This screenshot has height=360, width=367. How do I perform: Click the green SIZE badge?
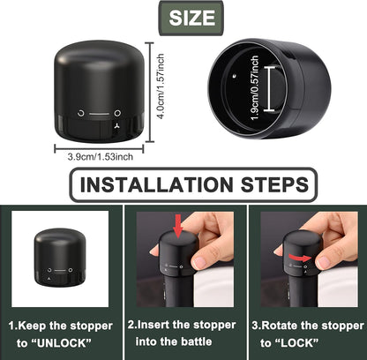point(191,19)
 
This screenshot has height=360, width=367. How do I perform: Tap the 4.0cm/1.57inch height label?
point(161,86)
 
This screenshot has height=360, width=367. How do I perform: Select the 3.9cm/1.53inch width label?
point(101,157)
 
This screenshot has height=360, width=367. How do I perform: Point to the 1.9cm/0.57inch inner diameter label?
point(255,88)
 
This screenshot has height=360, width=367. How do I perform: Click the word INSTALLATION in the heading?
point(156,184)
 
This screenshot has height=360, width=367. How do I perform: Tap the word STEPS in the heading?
point(274,184)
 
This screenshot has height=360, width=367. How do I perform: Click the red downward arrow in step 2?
point(178,226)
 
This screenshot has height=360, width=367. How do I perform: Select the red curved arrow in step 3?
point(299,258)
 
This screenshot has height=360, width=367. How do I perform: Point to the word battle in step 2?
point(196,341)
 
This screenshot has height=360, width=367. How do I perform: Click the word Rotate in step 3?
point(280,326)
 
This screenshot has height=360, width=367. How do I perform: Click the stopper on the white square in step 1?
point(60,258)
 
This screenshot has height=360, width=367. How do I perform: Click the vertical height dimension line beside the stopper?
point(150,92)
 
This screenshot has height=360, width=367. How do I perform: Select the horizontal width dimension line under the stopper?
point(99,148)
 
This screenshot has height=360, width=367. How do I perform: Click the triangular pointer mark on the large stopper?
point(117,126)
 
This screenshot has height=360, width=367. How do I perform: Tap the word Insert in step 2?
point(154,325)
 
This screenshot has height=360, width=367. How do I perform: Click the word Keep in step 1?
point(33,326)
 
